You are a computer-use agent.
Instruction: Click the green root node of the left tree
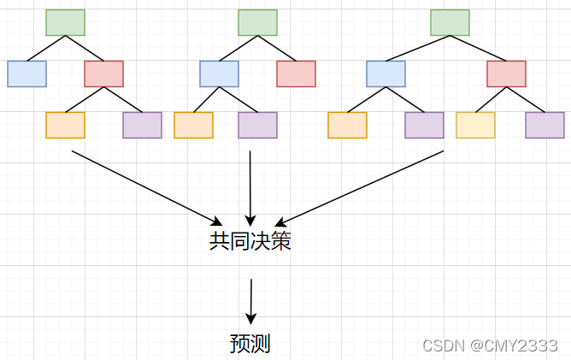click(x=65, y=23)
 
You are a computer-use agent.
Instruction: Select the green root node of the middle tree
click(x=257, y=23)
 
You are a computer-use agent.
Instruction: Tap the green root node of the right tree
click(x=450, y=23)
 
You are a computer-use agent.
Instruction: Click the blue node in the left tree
click(x=26, y=74)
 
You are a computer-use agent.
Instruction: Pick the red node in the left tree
click(x=103, y=74)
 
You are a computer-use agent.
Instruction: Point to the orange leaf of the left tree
click(x=65, y=126)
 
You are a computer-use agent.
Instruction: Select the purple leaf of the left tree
click(x=142, y=126)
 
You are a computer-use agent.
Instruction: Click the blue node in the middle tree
click(x=219, y=74)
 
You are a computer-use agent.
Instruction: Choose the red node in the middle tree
click(x=296, y=74)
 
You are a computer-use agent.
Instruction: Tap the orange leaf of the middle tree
click(x=193, y=126)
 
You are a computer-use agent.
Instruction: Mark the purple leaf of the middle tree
click(x=257, y=126)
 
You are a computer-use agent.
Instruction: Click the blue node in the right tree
click(x=386, y=74)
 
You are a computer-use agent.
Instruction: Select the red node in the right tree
click(x=506, y=74)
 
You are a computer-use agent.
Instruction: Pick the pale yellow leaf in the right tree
click(x=475, y=126)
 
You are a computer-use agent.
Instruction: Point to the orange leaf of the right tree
click(x=347, y=126)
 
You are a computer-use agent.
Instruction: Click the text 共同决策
click(x=250, y=242)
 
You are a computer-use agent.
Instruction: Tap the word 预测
click(x=250, y=344)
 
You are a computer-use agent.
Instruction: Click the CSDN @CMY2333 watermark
click(x=490, y=345)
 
